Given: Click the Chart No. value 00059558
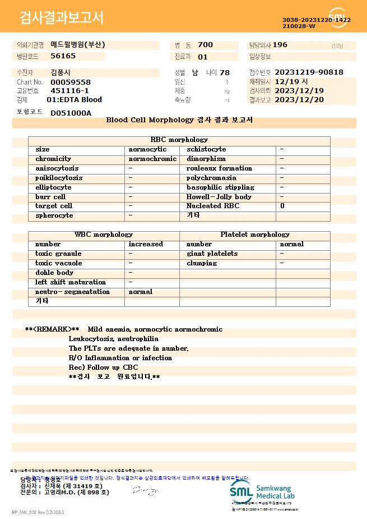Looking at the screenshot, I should tap(71, 82).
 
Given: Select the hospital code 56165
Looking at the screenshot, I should tap(63, 56).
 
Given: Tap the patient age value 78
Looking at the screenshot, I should tap(225, 73).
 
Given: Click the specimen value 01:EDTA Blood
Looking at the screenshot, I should tap(74, 100).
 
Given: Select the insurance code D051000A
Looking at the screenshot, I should tap(71, 113).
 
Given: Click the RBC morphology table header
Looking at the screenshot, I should tap(179, 140).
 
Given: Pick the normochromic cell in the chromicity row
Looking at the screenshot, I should tap(152, 159).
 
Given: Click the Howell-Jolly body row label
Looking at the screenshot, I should tap(219, 197).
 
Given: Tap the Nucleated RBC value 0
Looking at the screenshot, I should tap(282, 206).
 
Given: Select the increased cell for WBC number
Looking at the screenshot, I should tap(146, 244).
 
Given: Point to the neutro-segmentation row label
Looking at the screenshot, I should tap(72, 292).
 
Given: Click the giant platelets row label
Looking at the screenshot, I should tap(212, 254).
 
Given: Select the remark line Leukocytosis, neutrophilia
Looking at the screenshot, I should tap(114, 339).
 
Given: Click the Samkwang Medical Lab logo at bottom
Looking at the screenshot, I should tap(262, 492).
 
